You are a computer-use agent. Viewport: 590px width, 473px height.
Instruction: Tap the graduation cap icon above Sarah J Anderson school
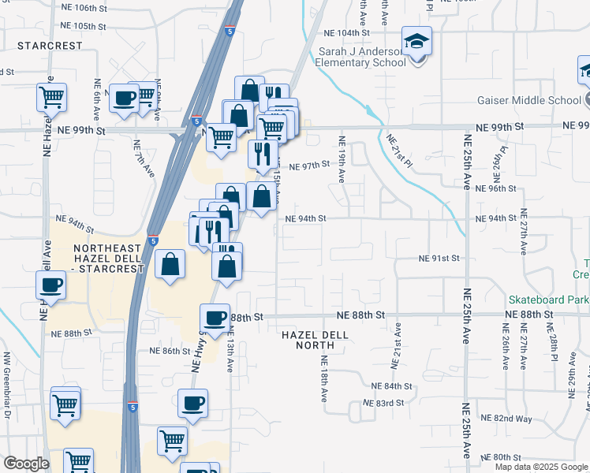coord(416,40)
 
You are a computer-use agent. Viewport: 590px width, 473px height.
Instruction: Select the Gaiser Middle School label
coord(528,100)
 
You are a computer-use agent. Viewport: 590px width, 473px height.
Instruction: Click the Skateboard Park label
coord(548,300)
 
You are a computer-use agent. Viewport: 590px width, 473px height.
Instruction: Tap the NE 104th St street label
coord(348,33)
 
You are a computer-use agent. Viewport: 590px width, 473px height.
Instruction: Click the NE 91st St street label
coord(439,258)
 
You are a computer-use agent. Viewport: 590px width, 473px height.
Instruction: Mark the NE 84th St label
coord(392,386)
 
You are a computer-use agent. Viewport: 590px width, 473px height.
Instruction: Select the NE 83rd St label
coord(383,403)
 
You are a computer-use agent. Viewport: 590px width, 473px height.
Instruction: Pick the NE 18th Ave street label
coord(323,378)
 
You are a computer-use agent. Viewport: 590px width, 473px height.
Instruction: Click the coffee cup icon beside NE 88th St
coord(215,318)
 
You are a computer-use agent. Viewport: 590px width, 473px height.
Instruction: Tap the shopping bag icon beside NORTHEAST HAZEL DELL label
coord(170,265)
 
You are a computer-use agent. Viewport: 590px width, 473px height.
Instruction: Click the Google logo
coord(26,464)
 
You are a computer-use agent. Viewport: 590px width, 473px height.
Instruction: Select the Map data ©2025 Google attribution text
coord(542,467)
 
